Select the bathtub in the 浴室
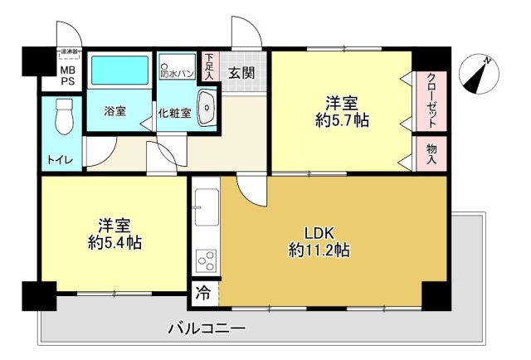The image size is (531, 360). [x=119, y=71]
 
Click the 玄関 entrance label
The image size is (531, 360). [x=242, y=72]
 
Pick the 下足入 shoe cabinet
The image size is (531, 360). [x=210, y=66]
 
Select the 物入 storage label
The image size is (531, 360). [x=431, y=153]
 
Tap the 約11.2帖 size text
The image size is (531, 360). [x=319, y=249]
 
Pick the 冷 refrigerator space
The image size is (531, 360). [x=203, y=293]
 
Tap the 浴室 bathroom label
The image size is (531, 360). [x=115, y=112]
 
